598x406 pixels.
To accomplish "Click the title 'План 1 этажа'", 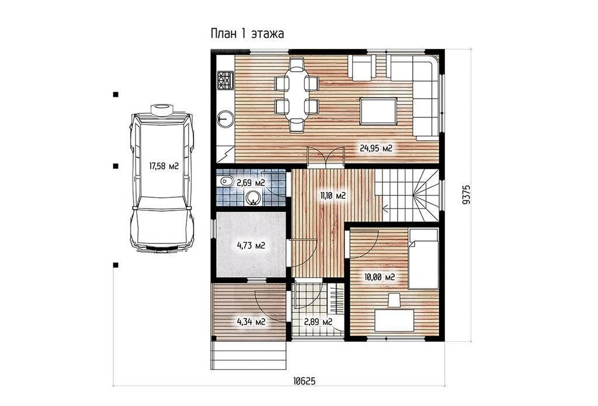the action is (247, 33).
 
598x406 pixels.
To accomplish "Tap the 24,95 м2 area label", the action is (376, 148).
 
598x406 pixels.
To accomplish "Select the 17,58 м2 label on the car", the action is (164, 166).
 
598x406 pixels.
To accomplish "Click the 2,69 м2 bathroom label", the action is (251, 183).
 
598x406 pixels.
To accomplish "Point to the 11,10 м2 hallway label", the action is (332, 196).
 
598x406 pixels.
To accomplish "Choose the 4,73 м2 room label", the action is (251, 245).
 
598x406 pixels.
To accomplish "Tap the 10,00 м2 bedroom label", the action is (380, 277).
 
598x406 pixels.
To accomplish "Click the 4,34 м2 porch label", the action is (251, 322).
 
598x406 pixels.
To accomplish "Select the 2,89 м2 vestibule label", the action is (318, 322).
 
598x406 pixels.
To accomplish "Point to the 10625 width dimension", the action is (304, 381).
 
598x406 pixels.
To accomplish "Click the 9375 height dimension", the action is (466, 195).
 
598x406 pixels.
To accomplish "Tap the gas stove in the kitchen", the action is (225, 81).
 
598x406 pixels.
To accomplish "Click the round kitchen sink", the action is (225, 118).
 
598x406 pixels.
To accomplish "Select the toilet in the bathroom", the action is (225, 181).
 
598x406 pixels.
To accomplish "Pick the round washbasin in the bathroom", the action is (253, 198).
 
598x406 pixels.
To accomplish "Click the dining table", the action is (296, 94).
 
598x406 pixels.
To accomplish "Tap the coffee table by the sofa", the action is (378, 111).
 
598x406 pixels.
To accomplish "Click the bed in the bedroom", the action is (423, 258).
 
